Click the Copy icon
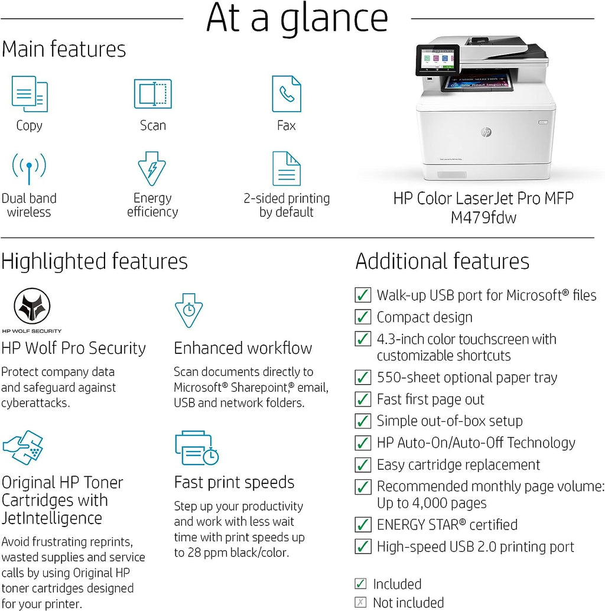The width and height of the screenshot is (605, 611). pos(30,94)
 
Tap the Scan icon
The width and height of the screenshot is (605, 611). pos(152,94)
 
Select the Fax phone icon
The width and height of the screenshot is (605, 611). pos(287,94)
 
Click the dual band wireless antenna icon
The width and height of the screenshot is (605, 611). pos(28,169)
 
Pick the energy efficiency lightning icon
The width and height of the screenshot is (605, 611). pos(152,169)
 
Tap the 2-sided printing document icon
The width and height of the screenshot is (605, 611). pos(287,169)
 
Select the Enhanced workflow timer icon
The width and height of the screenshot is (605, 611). pos(188,310)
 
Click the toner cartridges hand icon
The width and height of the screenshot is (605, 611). pos(22,448)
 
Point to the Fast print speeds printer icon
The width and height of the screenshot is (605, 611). pos(197,448)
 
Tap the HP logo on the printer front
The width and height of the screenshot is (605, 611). pos(486,132)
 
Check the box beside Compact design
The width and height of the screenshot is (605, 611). pos(363,317)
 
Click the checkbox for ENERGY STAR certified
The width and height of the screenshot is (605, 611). pos(363,525)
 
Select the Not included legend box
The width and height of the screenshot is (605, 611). pos(360,603)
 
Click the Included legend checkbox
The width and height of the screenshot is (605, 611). pos(360,584)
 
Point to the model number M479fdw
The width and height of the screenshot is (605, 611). pos(483,218)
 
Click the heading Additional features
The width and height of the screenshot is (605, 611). pos(442,261)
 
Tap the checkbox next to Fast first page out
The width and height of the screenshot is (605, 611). pos(363,399)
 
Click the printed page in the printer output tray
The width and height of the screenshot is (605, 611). pos(477,82)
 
